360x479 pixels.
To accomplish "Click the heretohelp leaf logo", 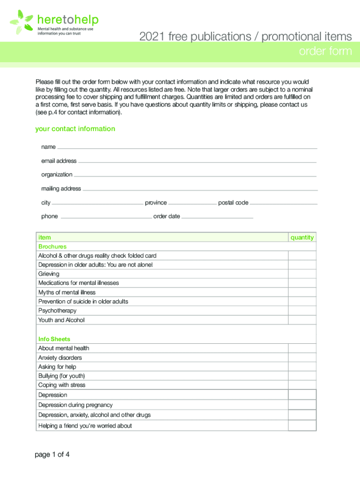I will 22,21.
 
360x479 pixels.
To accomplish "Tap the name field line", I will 187,148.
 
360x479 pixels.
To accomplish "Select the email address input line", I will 197,162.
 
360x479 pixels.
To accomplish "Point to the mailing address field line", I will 200,189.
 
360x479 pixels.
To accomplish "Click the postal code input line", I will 284,203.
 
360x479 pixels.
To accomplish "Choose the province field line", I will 192,203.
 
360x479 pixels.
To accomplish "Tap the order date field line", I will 217,218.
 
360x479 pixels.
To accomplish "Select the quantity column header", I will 302,238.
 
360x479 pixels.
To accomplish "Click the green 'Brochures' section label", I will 52,247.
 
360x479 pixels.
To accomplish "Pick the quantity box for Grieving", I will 302,274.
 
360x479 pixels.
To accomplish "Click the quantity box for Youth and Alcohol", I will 302,320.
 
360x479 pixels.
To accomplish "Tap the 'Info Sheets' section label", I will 54,339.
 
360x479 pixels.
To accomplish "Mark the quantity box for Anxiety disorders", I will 302,358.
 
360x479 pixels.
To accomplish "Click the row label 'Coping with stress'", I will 62,385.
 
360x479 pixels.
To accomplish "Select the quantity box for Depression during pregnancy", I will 302,405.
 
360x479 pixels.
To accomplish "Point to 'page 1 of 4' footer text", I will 52,454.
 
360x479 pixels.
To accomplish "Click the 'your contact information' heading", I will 75,129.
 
